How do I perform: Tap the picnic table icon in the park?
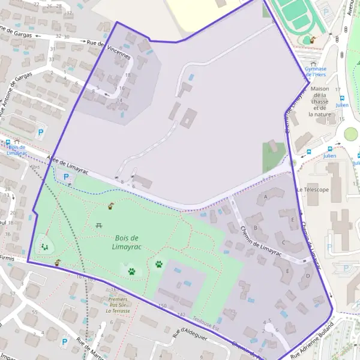pyautogui.click(x=98, y=225)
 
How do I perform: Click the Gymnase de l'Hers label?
pyautogui.click(x=315, y=72)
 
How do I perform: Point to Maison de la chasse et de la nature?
pyautogui.click(x=321, y=101)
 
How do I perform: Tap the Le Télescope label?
pyautogui.click(x=313, y=190)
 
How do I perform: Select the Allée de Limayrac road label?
pyautogui.click(x=66, y=164)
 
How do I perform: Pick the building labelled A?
pyautogui.click(x=265, y=196)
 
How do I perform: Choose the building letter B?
pyautogui.click(x=256, y=227)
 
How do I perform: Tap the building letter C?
pyautogui.click(x=283, y=242)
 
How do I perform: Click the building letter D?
pyautogui.click(x=307, y=276)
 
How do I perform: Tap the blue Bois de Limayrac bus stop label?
pyautogui.click(x=17, y=150)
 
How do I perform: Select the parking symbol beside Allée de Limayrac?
pyautogui.click(x=66, y=177)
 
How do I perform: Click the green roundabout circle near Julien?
pyautogui.click(x=351, y=133)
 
